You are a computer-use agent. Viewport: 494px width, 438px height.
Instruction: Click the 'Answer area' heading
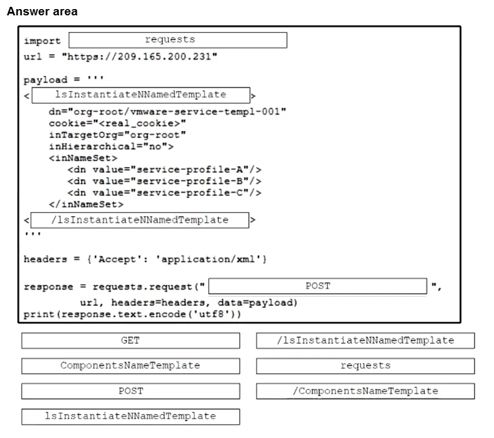42,11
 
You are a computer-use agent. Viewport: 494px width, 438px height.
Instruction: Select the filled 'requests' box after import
178,40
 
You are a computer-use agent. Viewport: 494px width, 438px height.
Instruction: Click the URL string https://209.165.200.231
139,57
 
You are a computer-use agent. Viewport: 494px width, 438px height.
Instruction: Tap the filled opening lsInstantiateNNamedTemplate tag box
141,95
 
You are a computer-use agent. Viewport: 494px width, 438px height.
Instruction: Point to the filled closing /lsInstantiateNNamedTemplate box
140,220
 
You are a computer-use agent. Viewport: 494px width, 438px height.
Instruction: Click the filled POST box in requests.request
318,286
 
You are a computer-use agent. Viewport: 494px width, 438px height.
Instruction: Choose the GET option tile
130,341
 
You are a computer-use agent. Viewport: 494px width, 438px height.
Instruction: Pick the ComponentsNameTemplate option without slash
130,366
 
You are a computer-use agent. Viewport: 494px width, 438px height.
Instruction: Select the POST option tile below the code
130,391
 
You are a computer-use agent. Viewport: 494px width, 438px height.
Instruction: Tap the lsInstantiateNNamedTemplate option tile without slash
130,416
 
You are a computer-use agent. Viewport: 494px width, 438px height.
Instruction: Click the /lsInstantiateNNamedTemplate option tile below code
366,341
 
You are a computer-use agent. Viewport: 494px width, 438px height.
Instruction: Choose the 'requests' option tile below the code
366,366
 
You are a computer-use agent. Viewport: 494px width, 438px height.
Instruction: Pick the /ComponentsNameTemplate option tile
366,391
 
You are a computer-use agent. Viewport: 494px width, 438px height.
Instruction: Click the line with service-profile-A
164,170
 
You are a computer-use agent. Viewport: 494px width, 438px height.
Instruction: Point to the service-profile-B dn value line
164,181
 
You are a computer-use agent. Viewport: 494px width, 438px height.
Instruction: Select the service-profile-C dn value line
164,193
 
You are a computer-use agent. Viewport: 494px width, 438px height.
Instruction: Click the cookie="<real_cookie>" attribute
117,123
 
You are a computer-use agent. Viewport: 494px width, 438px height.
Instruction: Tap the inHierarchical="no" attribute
111,147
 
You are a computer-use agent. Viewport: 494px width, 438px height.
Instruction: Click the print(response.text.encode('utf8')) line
132,315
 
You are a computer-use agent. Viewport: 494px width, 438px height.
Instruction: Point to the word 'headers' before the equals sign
45,259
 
